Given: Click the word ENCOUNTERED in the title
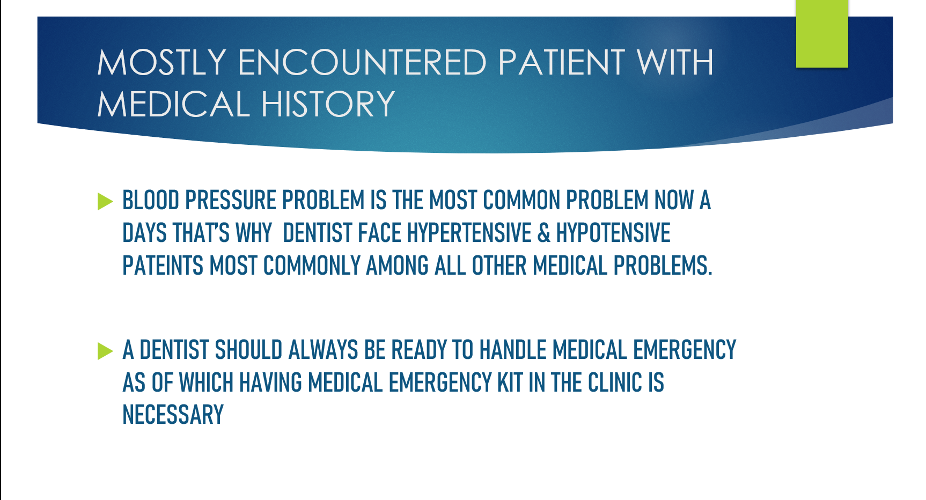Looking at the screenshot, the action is (362, 62).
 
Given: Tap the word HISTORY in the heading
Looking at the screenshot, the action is (328, 104).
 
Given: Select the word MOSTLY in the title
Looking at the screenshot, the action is (161, 62).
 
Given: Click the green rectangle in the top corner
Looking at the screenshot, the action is (822, 34).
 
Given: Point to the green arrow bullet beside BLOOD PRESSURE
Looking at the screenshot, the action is (105, 202).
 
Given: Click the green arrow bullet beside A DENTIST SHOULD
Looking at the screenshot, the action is (105, 351).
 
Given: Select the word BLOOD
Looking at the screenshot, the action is (151, 201).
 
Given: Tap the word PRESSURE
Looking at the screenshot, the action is (231, 201).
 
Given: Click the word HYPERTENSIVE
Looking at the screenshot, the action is (469, 233).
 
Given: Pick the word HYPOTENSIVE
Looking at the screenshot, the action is (613, 233).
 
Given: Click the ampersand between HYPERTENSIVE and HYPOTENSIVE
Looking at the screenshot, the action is (544, 233).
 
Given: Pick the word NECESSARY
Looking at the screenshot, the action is (173, 415).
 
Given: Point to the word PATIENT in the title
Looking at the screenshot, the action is (561, 62).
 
